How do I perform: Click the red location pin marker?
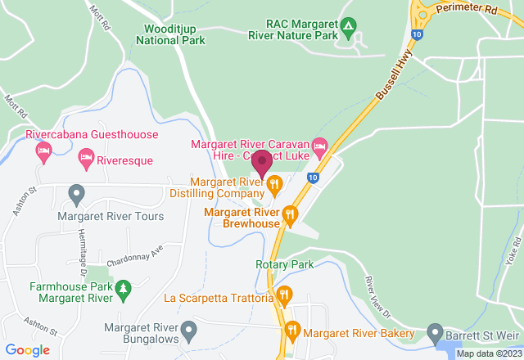(262, 164)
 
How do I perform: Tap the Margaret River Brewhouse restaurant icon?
(289, 216)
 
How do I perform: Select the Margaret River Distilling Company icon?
(274, 184)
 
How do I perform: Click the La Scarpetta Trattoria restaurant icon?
(284, 295)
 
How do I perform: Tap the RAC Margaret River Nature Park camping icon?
(348, 26)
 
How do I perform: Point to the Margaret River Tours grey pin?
(76, 195)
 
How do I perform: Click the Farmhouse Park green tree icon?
(123, 288)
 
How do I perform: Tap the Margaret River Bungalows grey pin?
(189, 331)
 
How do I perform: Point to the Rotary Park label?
(285, 265)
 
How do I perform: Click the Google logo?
(28, 350)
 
